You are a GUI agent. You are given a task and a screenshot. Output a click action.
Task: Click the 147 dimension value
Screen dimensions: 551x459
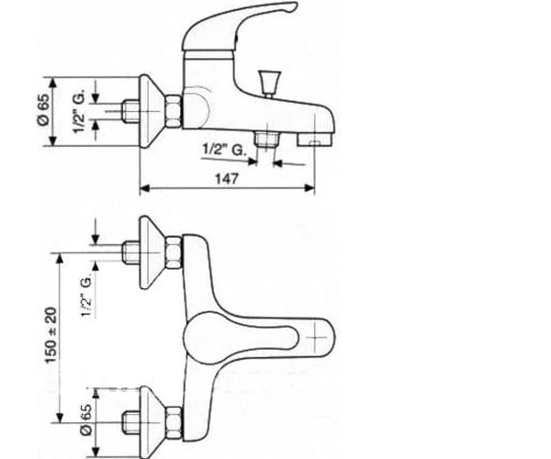[x=227, y=179]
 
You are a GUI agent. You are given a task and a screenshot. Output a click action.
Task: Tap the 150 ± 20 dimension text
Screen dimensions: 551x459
[x=51, y=335]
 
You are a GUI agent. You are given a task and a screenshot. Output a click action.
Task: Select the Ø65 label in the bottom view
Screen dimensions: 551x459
[x=86, y=420]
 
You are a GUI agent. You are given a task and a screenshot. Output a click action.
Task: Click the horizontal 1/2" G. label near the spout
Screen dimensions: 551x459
[x=224, y=150]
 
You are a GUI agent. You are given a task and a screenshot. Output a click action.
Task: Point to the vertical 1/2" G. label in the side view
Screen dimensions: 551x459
[x=79, y=111]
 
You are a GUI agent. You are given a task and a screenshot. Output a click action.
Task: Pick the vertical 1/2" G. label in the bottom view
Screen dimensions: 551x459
[x=87, y=296]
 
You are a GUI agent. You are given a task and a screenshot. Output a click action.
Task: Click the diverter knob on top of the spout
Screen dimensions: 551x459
[x=269, y=84]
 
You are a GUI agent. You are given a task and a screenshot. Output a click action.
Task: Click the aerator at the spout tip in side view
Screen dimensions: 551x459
[x=315, y=140]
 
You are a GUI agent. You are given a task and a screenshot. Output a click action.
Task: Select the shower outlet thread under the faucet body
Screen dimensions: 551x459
[x=266, y=139]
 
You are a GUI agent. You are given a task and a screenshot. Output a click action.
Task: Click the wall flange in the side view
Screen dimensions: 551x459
[x=152, y=111]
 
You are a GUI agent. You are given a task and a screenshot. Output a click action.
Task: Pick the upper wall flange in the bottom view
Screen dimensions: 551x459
[x=152, y=252]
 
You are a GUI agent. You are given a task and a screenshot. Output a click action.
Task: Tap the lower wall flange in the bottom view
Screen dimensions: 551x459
[x=152, y=422]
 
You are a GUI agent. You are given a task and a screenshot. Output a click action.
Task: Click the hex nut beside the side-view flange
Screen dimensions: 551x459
[x=174, y=111]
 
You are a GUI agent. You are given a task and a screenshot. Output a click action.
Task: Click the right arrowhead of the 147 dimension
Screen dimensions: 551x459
[x=309, y=188]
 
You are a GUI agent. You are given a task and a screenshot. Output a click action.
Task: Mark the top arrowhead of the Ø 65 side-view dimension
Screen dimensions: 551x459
[x=52, y=83]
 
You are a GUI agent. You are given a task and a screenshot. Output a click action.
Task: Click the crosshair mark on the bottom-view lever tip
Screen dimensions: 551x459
[x=316, y=338]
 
